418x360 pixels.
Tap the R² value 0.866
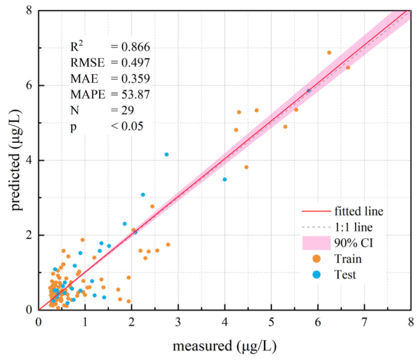(x=130, y=46)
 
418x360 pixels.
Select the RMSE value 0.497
(x=130, y=62)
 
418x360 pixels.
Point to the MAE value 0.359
(x=130, y=79)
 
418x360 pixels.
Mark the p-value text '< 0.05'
(x=127, y=126)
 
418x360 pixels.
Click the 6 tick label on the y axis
(x=28, y=85)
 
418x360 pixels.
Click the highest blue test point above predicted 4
(x=166, y=155)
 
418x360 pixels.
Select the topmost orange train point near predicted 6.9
(x=329, y=53)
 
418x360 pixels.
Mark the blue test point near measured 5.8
(x=309, y=90)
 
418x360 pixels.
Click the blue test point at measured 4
(x=224, y=179)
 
